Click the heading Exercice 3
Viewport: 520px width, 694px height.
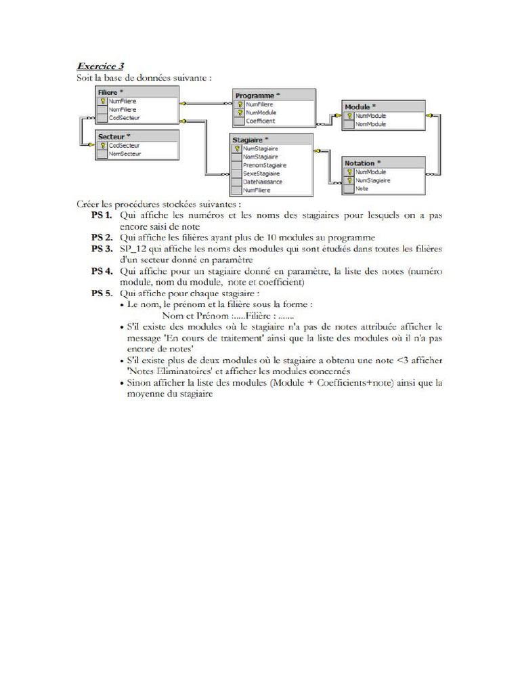[100, 66]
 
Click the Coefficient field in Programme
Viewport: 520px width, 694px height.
[261, 121]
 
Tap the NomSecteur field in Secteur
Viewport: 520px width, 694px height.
[125, 154]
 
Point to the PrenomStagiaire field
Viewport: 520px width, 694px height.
[265, 165]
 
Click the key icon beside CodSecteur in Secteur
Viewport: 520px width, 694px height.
[103, 145]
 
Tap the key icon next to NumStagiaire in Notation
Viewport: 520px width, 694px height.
[350, 181]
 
